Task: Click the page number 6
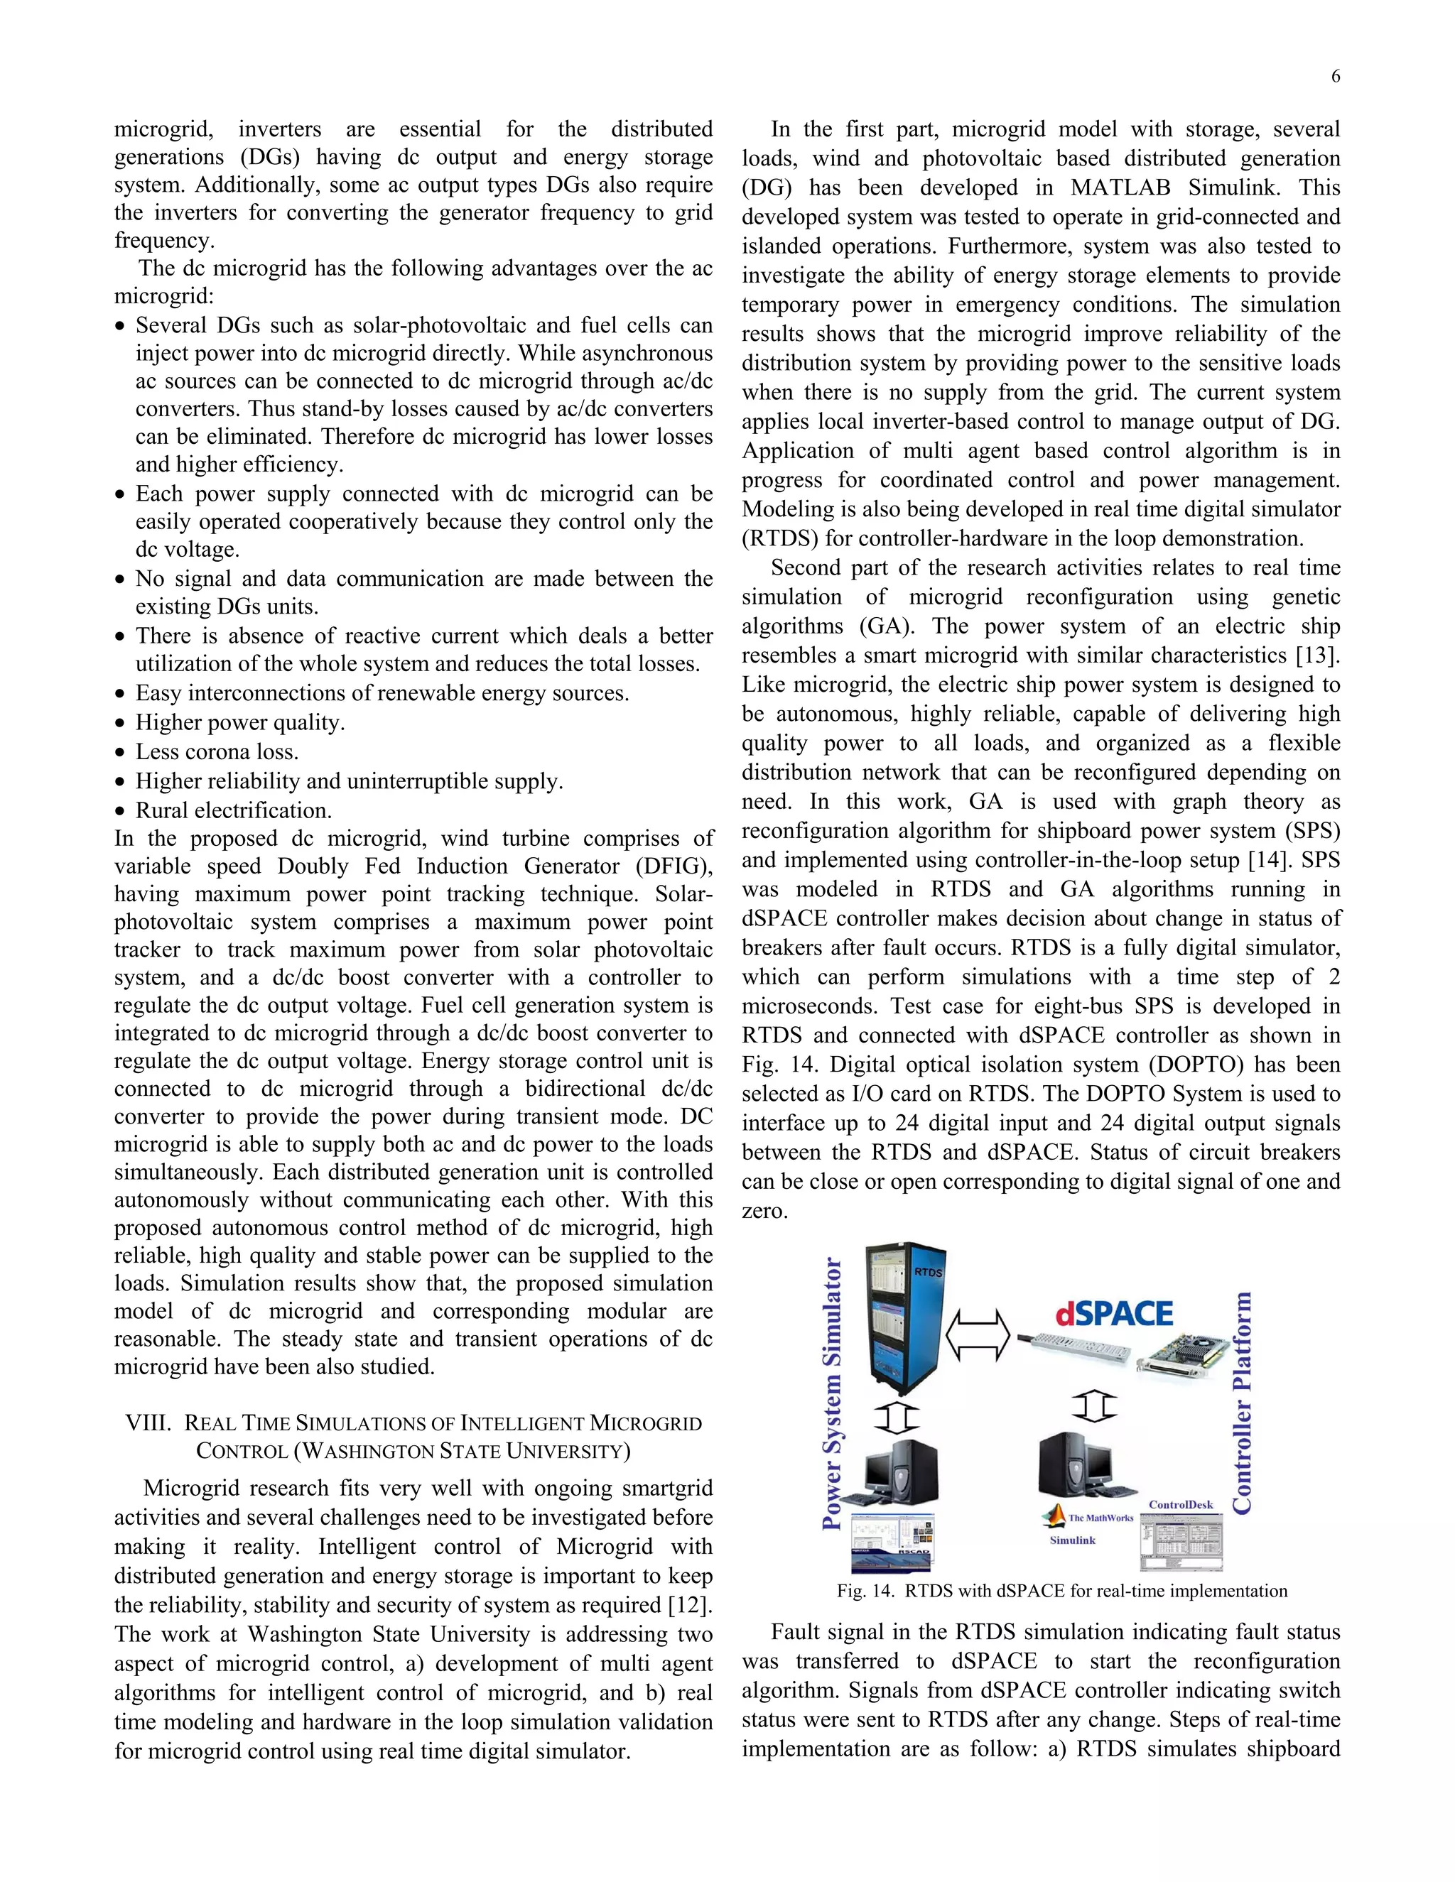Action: click(x=1335, y=77)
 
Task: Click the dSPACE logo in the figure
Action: click(x=1114, y=1313)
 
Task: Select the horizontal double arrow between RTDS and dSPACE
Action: click(x=978, y=1336)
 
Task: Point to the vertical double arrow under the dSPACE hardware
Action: click(x=1095, y=1406)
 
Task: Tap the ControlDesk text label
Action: click(x=1180, y=1505)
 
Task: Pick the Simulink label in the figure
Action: click(x=1072, y=1540)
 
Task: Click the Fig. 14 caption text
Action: click(x=1061, y=1591)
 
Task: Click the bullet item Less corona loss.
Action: click(x=217, y=751)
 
